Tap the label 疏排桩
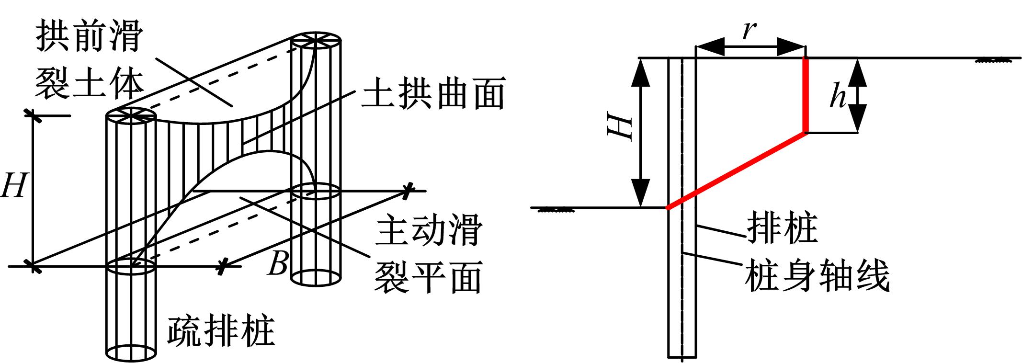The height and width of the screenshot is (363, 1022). (221, 331)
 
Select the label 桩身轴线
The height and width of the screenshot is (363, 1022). (817, 276)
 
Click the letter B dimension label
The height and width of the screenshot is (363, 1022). (278, 264)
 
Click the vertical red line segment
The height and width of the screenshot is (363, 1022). (806, 95)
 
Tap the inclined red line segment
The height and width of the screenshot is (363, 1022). (736, 170)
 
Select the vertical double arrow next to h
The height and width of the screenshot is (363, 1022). (857, 95)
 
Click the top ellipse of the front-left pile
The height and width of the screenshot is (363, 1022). (131, 116)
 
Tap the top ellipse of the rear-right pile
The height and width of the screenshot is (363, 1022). (316, 41)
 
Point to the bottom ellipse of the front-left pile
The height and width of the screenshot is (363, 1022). (131, 353)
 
